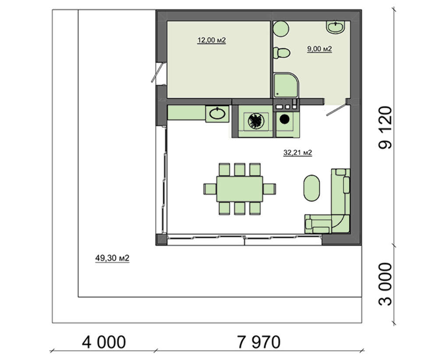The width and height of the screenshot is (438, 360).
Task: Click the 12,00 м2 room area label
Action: tap(212, 40)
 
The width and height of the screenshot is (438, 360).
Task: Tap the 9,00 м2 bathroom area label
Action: tap(320, 49)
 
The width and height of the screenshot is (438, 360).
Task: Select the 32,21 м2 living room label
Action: tap(297, 152)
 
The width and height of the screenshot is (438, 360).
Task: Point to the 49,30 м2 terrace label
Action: tap(112, 258)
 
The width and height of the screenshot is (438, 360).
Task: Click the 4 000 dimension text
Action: tap(104, 342)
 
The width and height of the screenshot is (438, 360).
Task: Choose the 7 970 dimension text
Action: tap(259, 342)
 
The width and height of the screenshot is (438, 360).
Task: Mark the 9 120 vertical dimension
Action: tap(385, 127)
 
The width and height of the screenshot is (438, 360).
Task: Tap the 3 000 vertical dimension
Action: tap(385, 284)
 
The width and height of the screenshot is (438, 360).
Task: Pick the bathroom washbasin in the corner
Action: tap(336, 27)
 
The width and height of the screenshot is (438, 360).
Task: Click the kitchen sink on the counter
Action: tap(217, 114)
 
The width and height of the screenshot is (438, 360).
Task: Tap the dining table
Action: tap(240, 189)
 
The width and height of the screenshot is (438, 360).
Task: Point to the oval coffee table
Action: tap(311, 188)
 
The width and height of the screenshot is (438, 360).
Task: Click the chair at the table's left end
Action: tap(210, 189)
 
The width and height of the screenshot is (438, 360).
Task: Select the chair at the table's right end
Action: tap(269, 189)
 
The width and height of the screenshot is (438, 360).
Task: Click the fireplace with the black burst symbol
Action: tap(256, 121)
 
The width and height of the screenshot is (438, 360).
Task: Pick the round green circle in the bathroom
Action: tap(281, 29)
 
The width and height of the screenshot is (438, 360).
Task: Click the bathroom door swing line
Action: tap(336, 110)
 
